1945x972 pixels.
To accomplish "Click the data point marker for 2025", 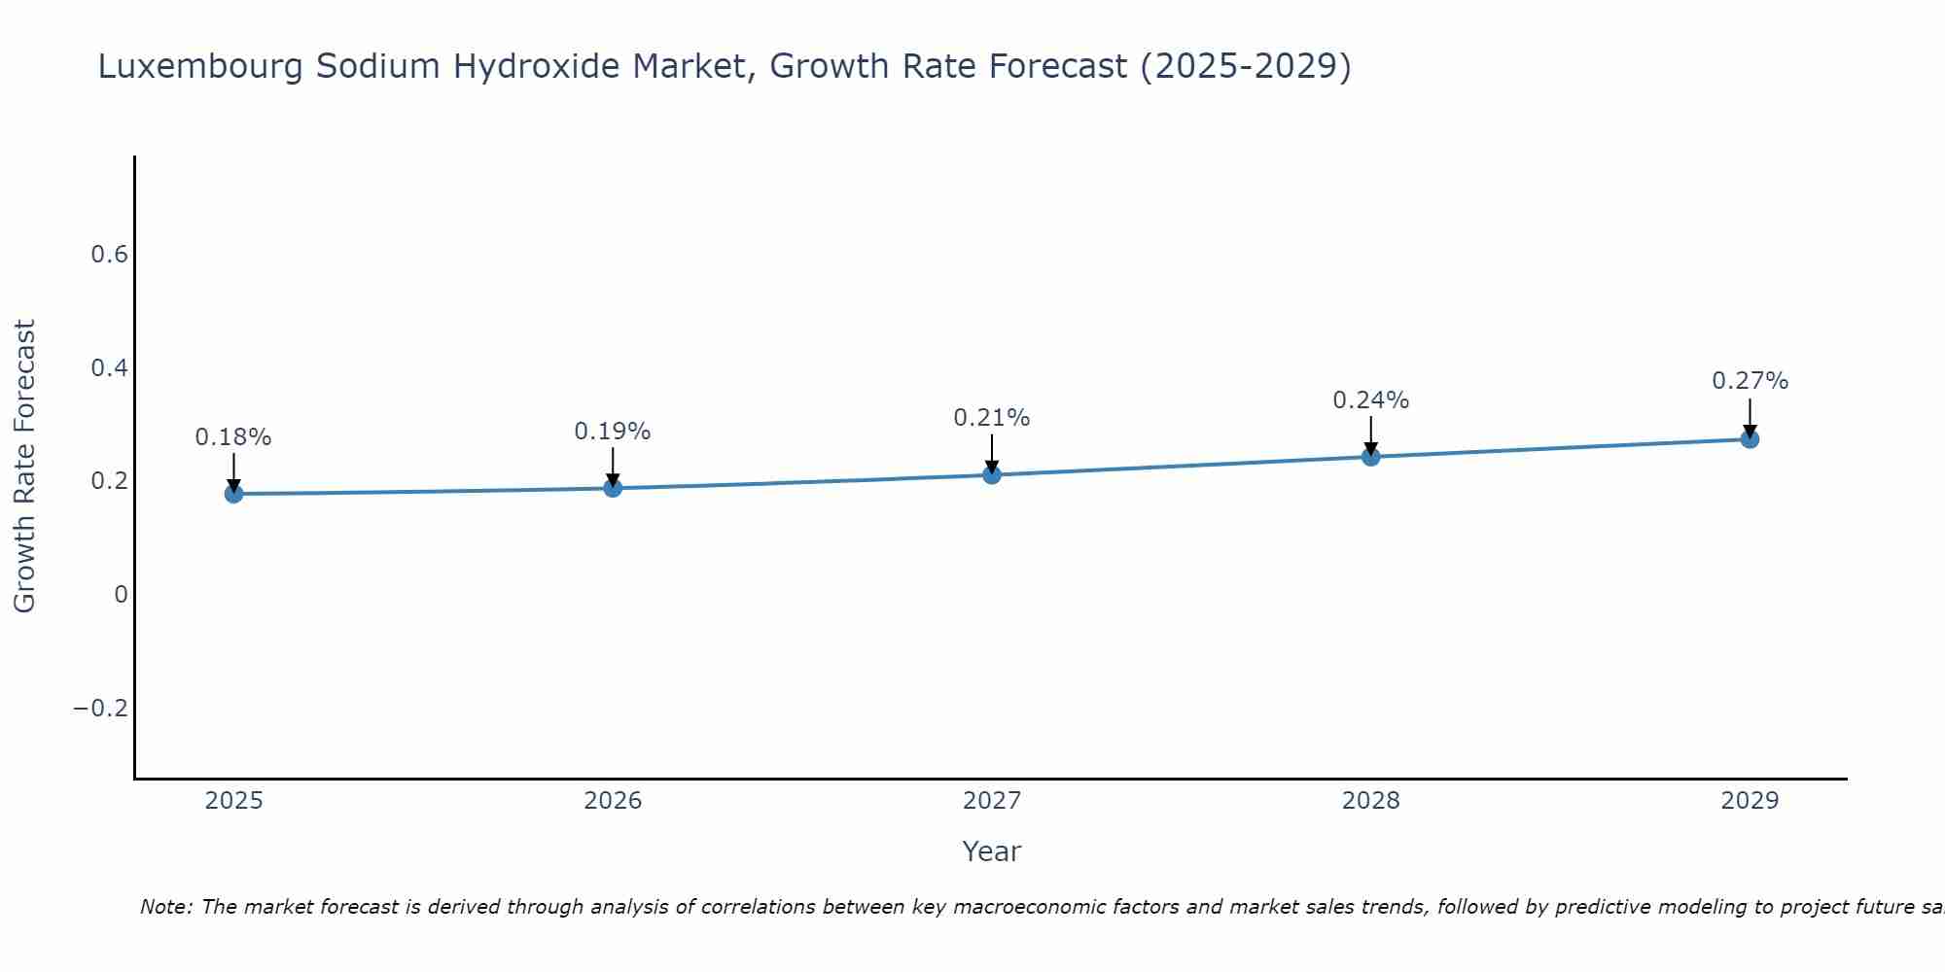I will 233,494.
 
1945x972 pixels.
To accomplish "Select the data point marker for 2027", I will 992,475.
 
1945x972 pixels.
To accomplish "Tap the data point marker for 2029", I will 1750,439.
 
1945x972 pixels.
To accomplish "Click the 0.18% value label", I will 233,437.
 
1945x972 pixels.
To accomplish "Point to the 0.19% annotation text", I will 613,432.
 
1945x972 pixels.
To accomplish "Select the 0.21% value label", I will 992,418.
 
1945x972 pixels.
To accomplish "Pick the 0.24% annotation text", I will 1370,400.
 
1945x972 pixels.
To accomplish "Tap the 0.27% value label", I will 1750,381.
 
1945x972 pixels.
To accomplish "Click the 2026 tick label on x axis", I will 613,801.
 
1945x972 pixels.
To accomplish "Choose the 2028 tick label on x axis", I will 1370,801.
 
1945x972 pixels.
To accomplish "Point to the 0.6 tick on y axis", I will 109,255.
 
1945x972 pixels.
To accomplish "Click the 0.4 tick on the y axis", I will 109,368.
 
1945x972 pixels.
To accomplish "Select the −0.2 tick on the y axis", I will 100,708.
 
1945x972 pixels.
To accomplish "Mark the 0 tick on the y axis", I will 121,595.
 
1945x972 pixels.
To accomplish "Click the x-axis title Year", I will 991,852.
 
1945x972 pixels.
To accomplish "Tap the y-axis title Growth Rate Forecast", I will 24,467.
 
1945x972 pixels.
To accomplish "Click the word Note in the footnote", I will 166,907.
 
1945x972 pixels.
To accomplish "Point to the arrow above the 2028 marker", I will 1370,434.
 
